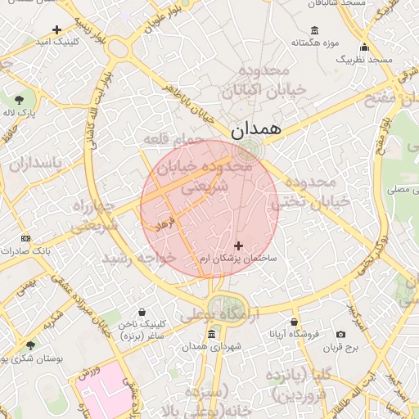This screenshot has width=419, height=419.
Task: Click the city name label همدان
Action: click(x=255, y=128)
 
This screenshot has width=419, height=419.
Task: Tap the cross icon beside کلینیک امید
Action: click(x=56, y=29)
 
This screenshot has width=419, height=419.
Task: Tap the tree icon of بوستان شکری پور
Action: click(x=31, y=346)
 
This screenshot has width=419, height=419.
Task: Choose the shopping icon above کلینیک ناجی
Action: click(x=143, y=312)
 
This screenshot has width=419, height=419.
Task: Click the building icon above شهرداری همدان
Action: click(x=212, y=334)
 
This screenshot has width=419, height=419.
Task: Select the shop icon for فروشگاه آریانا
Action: click(x=294, y=322)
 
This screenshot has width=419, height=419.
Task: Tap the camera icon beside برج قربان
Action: click(x=340, y=334)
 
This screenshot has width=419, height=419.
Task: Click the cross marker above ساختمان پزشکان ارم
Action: click(x=239, y=245)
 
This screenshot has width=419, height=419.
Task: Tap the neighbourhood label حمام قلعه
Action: click(x=173, y=141)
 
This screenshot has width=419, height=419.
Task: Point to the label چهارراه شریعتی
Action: click(x=95, y=214)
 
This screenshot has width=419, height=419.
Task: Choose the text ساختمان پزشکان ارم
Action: click(x=239, y=258)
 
